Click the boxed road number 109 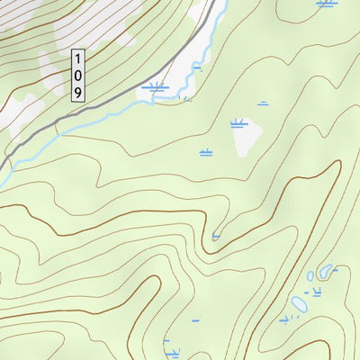tap(78, 75)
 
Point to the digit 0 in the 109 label tap(78, 75)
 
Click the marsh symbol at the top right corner tap(327, 4)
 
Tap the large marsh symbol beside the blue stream tap(155, 87)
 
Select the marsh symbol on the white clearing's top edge tap(238, 122)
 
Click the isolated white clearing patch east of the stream tap(246, 138)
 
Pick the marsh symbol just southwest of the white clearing tap(206, 152)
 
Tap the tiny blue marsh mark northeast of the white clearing tap(263, 103)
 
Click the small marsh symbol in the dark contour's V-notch tap(216, 236)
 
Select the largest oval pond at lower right tap(299, 303)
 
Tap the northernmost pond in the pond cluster tap(325, 270)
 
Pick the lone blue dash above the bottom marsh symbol tap(195, 319)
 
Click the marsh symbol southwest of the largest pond tap(286, 319)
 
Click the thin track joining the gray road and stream tap(59, 129)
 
